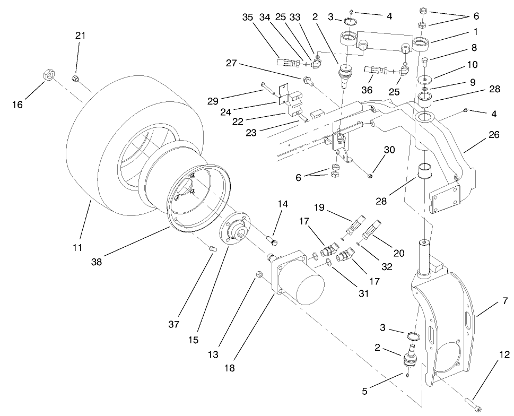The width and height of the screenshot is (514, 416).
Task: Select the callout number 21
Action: click(x=80, y=36)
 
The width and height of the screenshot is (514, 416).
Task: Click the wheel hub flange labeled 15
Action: click(x=234, y=233)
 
